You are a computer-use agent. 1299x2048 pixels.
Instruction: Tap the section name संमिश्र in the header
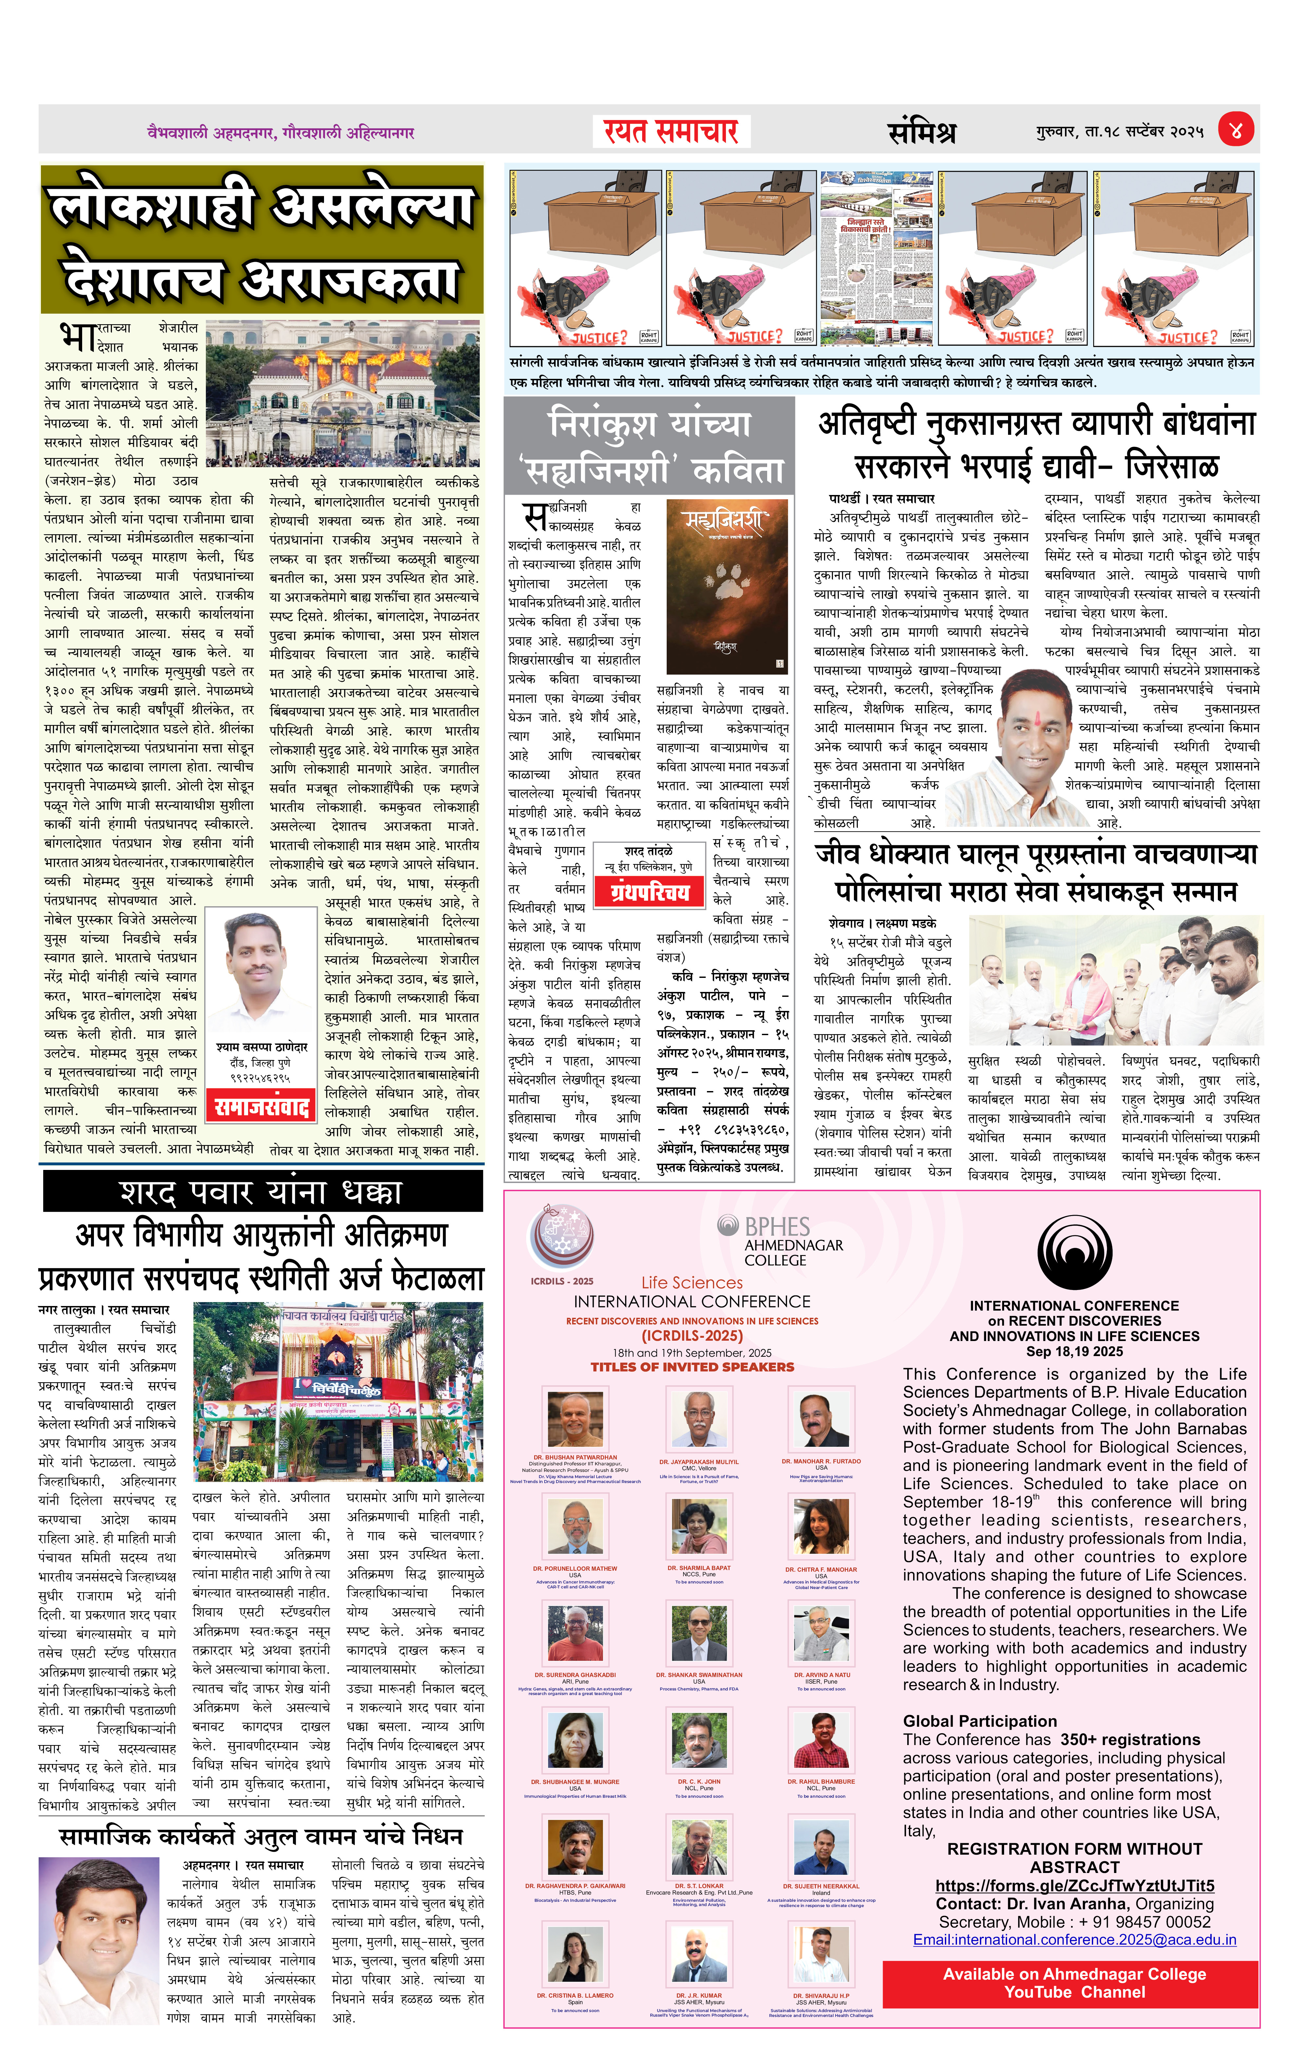tap(921, 132)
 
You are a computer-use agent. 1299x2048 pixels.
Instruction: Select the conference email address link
tap(1074, 1940)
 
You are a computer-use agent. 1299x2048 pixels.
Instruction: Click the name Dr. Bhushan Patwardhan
tap(575, 1457)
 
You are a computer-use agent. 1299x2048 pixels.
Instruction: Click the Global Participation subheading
tap(980, 1721)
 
